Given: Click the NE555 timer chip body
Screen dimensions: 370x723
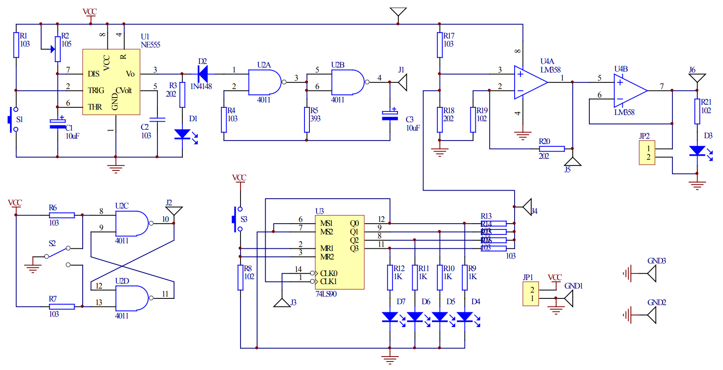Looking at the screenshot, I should point(111,82).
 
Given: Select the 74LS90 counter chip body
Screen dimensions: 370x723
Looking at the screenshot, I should point(339,252).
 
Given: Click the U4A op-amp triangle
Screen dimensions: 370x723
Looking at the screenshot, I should point(530,82).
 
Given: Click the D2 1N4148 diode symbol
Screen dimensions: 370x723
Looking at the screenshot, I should point(203,74).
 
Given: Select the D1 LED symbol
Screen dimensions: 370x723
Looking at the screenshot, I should point(182,134).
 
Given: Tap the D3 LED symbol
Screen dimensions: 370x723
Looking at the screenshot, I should point(697,151).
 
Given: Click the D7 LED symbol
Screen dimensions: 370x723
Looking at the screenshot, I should point(390,317).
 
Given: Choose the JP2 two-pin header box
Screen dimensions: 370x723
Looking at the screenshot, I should point(647,153).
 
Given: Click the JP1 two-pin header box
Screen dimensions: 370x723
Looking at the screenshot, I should point(531,294).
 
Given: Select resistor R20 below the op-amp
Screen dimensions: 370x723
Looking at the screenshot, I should point(552,149).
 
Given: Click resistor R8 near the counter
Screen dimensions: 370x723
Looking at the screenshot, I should point(241,277).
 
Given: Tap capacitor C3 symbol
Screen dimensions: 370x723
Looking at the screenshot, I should point(390,116).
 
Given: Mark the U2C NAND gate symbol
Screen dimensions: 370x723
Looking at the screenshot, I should point(131,223).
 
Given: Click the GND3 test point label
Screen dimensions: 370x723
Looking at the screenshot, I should point(656,261).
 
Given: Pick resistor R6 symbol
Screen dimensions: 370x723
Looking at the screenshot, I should point(62,215).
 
